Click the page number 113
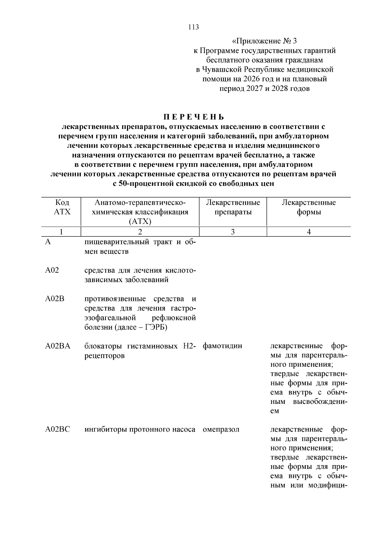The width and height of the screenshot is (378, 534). [x=193, y=27]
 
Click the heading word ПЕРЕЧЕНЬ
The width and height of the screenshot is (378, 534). [x=193, y=117]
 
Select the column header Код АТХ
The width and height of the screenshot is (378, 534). [x=62, y=207]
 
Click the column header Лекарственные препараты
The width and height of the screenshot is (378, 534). [x=233, y=207]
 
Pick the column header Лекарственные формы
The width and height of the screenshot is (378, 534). [x=308, y=207]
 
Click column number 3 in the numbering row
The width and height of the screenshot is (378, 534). [x=232, y=232]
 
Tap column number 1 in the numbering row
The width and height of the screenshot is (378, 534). [x=61, y=232]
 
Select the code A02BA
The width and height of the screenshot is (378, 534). [x=58, y=346]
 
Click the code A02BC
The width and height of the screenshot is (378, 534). [x=57, y=429]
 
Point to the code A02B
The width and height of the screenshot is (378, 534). [x=54, y=298]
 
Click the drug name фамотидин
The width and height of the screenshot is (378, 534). [x=222, y=346]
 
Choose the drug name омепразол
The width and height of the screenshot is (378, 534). [x=221, y=429]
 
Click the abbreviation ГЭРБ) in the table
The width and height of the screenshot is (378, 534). [x=156, y=327]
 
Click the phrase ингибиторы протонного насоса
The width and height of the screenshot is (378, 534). [x=140, y=429]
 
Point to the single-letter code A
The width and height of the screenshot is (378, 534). [x=48, y=242]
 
